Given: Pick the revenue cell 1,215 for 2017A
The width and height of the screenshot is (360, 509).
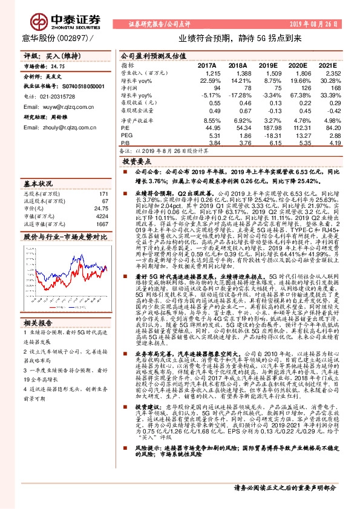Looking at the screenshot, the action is (x=206, y=73).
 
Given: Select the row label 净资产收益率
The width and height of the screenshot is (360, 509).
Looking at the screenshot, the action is (x=136, y=120).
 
